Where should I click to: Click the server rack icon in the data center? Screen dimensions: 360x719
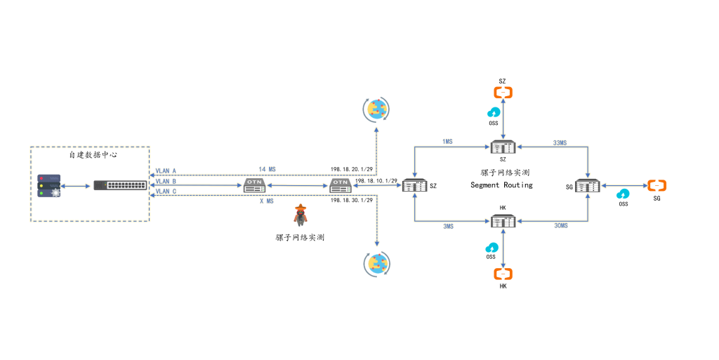click(48, 185)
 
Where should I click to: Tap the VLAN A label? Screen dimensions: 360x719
click(166, 171)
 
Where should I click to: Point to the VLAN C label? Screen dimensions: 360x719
click(166, 191)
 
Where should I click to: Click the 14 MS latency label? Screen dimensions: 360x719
click(267, 169)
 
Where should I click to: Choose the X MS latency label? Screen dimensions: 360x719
click(267, 201)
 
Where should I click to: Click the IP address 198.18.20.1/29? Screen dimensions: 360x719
click(352, 170)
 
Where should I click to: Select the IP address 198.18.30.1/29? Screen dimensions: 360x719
click(352, 201)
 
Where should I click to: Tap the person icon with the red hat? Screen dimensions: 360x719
click(301, 215)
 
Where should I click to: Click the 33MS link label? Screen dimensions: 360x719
click(560, 142)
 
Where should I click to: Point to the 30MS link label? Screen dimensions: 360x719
click(560, 226)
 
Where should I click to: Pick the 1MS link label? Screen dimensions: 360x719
click(447, 142)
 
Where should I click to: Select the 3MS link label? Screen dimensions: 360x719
click(448, 227)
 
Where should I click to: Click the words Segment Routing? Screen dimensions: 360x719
click(501, 185)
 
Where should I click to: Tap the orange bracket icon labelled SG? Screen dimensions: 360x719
click(657, 185)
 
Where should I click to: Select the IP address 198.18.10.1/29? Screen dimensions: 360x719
click(377, 180)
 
